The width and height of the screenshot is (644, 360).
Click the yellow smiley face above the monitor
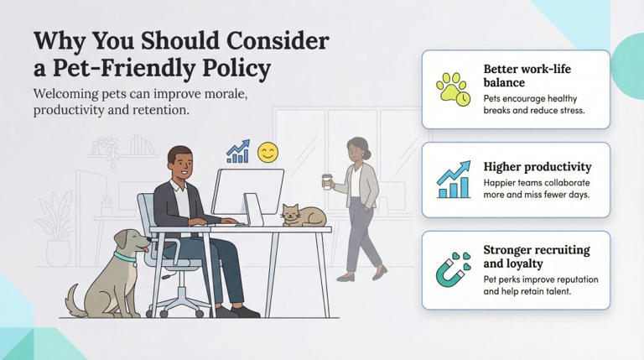[267, 152]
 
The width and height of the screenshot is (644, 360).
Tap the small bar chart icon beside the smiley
[238, 152]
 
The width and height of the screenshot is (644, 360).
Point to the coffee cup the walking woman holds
[326, 181]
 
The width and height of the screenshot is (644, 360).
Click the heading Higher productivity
[537, 166]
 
